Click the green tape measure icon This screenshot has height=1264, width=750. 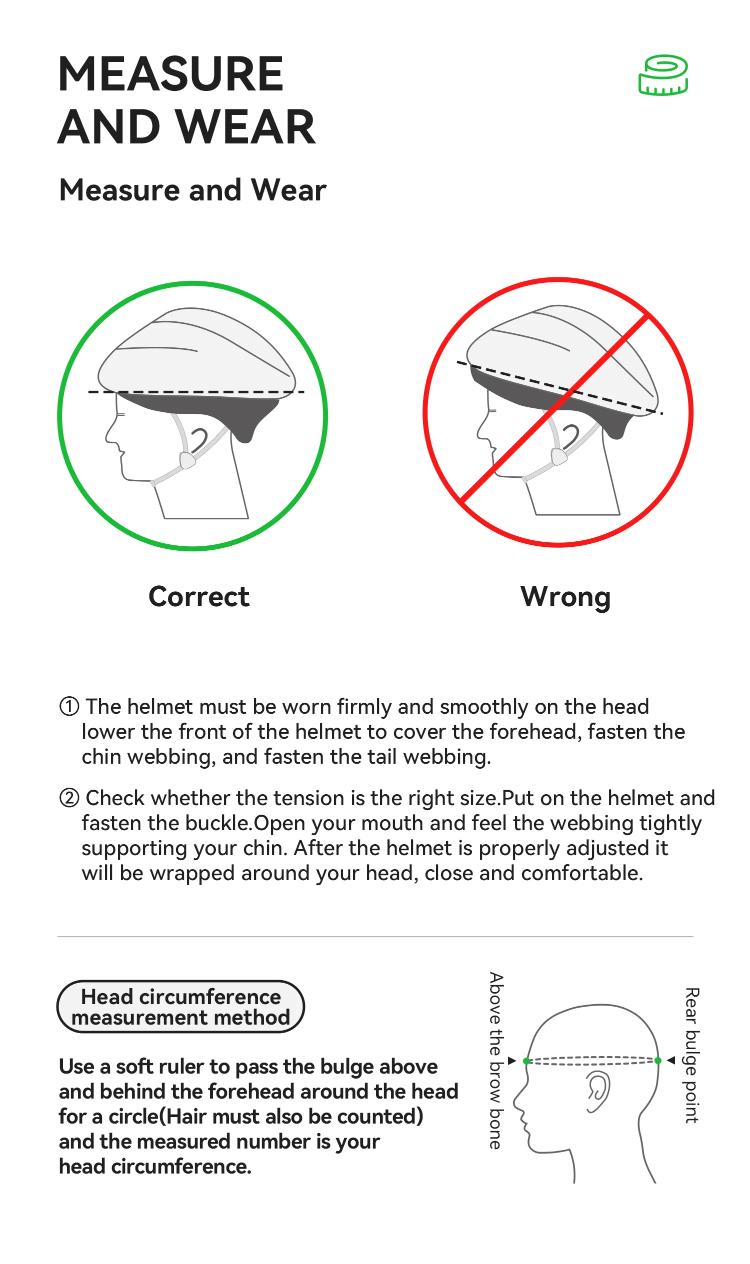point(663,75)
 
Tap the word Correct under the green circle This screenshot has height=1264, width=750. point(199,597)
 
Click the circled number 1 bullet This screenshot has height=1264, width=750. point(69,706)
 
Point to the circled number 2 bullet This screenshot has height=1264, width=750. point(69,798)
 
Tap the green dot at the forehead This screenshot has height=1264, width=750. point(526,1061)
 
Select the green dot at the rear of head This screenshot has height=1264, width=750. point(657,1061)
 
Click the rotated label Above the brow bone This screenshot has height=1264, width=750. point(496,1061)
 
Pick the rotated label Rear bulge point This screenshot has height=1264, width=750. point(691,1056)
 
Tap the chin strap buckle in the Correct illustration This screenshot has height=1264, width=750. point(187,460)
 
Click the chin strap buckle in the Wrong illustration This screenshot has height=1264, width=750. point(559,456)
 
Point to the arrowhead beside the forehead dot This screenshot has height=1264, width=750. point(512,1061)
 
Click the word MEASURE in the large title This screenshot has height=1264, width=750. point(171,74)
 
